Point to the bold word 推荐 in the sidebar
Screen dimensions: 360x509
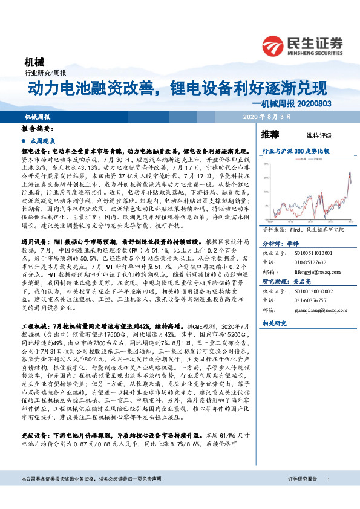click(x=270, y=134)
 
